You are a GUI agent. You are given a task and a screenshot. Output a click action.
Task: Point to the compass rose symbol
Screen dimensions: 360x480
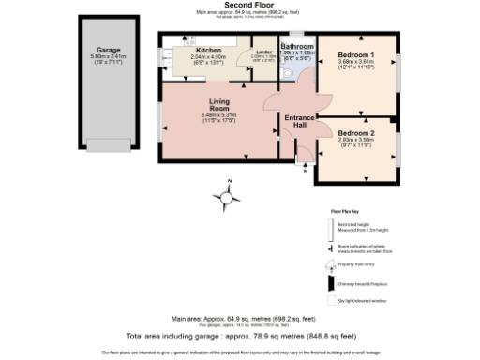(226, 195)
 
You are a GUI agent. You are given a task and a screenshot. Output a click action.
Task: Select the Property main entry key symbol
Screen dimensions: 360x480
(330, 266)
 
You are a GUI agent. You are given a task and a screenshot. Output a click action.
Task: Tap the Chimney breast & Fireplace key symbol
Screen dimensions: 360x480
(330, 283)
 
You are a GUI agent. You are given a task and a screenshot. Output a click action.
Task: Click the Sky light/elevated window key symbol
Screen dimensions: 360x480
(330, 300)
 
